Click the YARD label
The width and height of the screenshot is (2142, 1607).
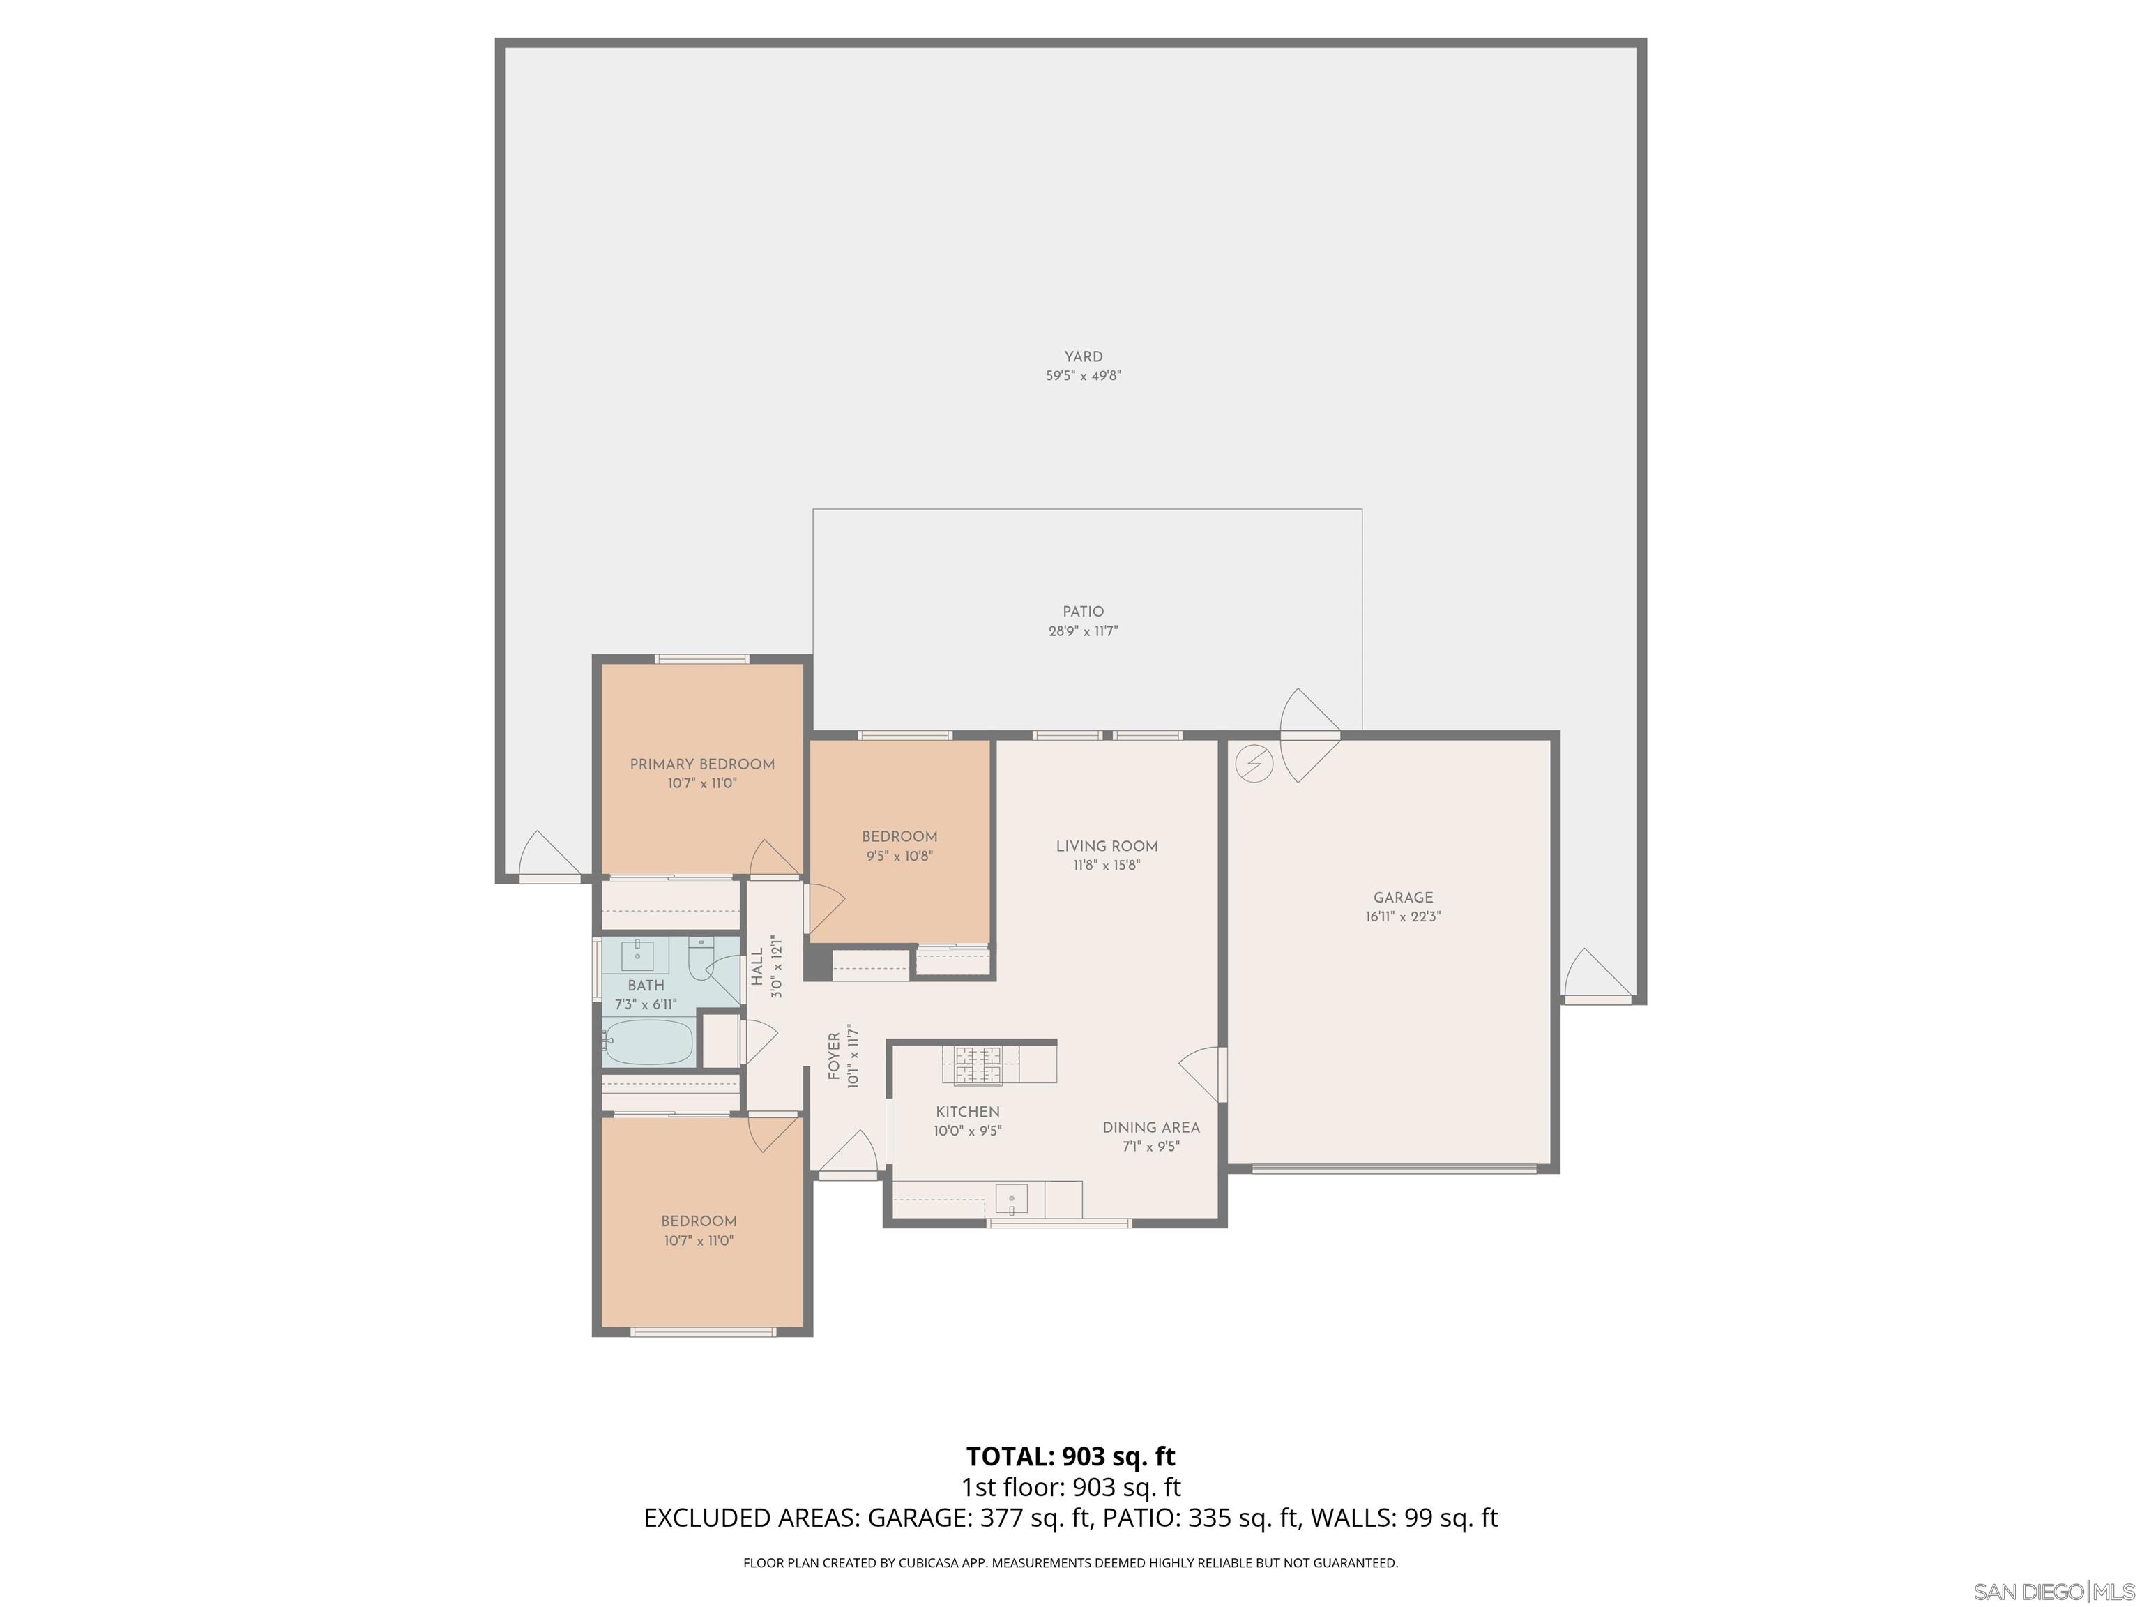click(1083, 356)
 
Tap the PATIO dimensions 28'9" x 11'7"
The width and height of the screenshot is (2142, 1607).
click(1083, 631)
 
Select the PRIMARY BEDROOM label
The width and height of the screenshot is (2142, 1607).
click(702, 764)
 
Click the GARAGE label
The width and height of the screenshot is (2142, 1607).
click(1402, 898)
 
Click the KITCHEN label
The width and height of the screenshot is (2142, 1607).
click(967, 1112)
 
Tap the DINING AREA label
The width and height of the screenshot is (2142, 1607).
click(1150, 1128)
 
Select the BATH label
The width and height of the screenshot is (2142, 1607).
click(645, 985)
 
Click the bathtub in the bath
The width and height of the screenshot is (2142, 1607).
click(647, 1042)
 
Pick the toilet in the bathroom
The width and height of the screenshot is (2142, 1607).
click(700, 959)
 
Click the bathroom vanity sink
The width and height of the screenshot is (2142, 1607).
click(637, 955)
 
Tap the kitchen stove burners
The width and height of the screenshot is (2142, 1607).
click(978, 1064)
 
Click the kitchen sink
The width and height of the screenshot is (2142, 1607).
click(1011, 1198)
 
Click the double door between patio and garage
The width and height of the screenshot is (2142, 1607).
click(1310, 736)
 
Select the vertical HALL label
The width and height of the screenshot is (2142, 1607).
click(757, 967)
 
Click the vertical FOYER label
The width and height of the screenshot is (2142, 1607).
click(834, 1057)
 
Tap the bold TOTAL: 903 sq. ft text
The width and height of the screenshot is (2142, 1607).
click(1070, 1456)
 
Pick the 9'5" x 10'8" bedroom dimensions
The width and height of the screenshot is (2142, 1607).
click(899, 857)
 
